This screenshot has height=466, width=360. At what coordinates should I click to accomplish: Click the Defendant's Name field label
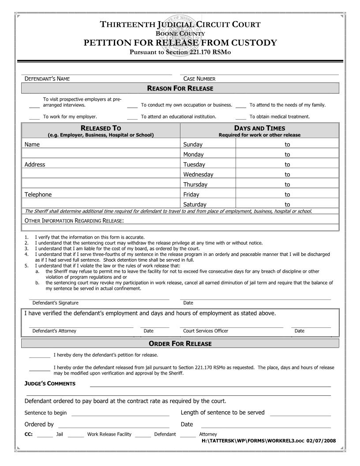47,79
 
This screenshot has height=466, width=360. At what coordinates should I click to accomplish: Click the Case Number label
199,79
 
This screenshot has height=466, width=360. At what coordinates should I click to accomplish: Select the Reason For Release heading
180,89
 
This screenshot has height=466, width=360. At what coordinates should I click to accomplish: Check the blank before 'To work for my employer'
34,118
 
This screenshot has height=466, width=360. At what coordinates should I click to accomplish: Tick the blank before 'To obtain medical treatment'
241,118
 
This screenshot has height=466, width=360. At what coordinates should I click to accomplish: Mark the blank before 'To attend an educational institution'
132,118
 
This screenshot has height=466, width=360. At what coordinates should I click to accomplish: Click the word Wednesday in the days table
198,174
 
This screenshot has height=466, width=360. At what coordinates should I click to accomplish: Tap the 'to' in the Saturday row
287,204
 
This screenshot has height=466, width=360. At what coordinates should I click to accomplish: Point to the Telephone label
38,195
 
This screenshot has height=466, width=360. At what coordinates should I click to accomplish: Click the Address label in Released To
35,165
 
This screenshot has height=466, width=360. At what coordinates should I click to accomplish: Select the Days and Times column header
259,128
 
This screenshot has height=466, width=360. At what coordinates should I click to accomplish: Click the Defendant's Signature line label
55,303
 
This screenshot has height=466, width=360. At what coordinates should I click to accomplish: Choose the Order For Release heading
180,344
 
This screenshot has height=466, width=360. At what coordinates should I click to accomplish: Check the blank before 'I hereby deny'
40,356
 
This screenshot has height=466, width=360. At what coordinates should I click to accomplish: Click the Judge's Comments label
50,383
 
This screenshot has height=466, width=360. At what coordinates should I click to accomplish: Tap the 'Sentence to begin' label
45,413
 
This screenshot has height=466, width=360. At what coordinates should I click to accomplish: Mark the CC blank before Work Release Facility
76,435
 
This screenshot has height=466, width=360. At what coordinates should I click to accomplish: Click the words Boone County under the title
180,34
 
